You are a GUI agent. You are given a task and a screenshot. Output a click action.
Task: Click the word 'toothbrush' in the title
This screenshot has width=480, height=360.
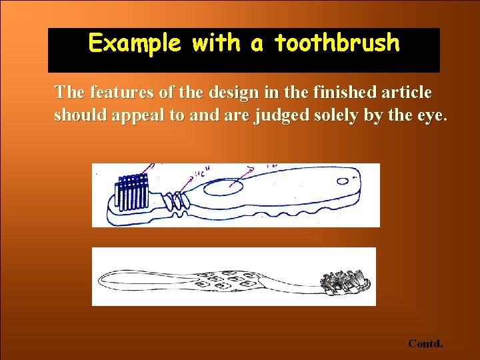click(x=337, y=44)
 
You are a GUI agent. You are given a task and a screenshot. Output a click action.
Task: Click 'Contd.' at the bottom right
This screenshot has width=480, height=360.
click(x=425, y=344)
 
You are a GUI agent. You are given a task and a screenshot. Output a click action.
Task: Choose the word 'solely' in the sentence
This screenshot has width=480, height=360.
click(x=336, y=115)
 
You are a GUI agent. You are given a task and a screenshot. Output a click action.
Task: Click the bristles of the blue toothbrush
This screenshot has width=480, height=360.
click(x=132, y=193)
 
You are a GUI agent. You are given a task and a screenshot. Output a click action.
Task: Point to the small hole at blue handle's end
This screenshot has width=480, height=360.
click(x=344, y=181)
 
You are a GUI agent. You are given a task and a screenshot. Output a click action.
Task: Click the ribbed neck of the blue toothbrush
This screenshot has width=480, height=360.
click(x=175, y=198)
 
